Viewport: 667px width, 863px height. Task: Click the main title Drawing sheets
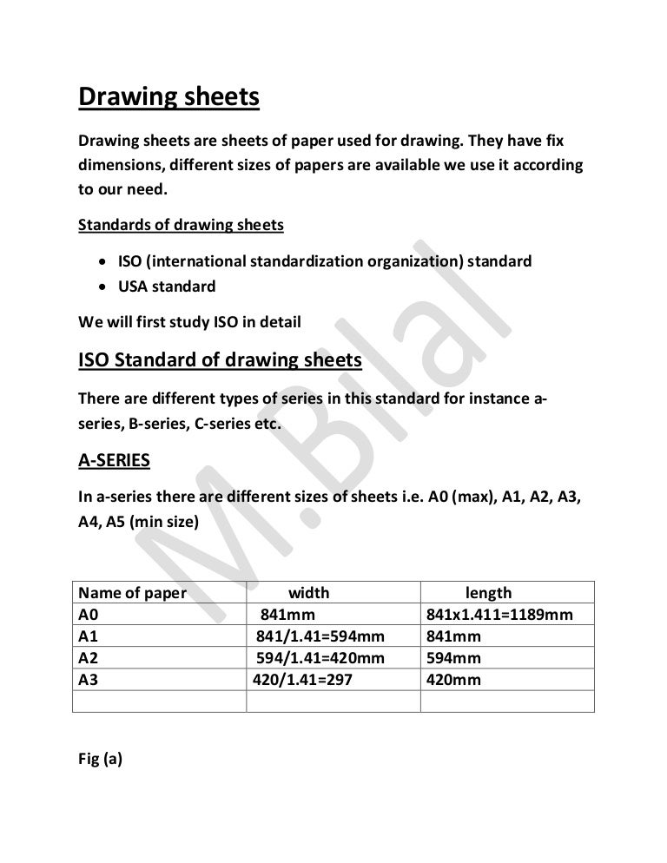click(168, 97)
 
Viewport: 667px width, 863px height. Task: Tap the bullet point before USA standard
click(103, 286)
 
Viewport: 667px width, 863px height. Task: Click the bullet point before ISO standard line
click(103, 261)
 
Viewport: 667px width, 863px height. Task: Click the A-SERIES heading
click(114, 461)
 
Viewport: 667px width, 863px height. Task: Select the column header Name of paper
click(133, 594)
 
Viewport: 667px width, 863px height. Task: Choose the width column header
click(308, 594)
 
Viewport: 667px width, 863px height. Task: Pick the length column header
click(488, 594)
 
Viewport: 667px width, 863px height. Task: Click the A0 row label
click(89, 615)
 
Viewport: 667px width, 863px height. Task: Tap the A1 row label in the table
click(89, 636)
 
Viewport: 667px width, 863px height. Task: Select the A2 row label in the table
click(89, 658)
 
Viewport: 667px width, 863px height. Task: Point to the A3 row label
click(89, 680)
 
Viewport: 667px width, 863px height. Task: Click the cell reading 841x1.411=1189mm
click(499, 615)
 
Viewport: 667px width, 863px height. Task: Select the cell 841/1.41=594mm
click(320, 636)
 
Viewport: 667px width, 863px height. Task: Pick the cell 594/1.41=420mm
click(320, 658)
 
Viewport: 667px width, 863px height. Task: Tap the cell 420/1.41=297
click(302, 680)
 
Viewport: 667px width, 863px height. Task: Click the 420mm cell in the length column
click(453, 680)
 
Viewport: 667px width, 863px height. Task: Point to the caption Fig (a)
click(101, 759)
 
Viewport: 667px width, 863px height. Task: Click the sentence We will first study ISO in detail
click(189, 322)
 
